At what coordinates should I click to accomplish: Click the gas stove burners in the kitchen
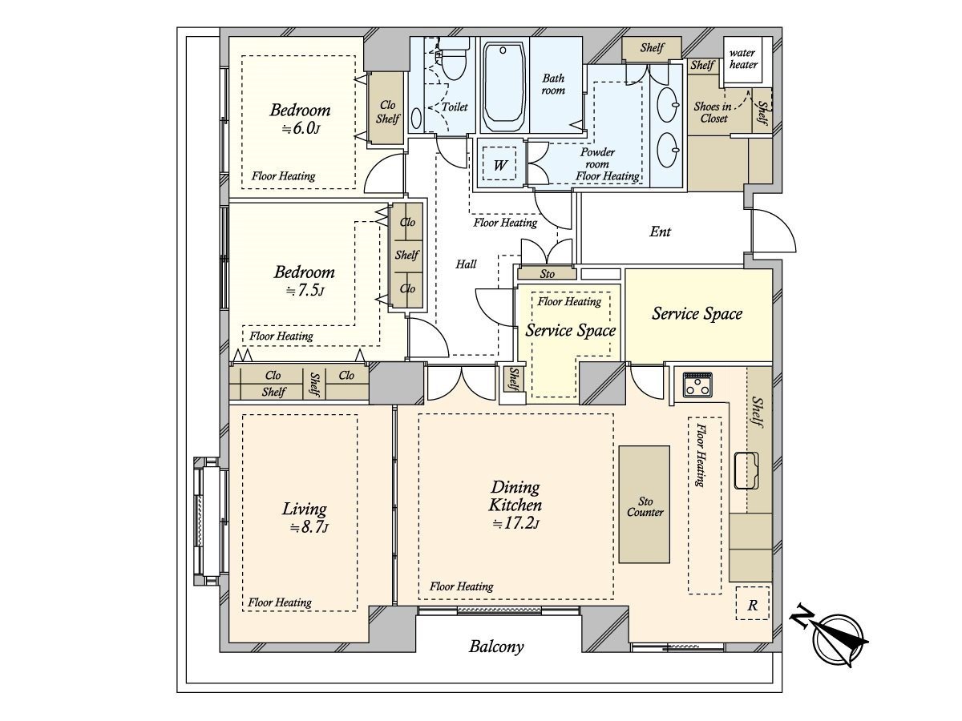[x=697, y=385]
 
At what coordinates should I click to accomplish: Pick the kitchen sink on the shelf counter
[x=747, y=470]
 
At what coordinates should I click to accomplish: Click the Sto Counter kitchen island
[x=645, y=505]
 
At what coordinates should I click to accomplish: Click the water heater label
[x=743, y=58]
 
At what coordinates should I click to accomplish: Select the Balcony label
[x=496, y=646]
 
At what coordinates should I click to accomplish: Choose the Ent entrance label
[x=660, y=232]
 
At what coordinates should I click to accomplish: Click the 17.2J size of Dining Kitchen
[x=515, y=524]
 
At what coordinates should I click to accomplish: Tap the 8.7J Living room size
[x=309, y=528]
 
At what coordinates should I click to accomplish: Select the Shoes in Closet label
[x=713, y=112]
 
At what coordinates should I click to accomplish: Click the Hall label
[x=466, y=264]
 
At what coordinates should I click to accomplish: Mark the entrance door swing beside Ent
[x=774, y=231]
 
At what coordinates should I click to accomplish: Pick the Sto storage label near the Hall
[x=547, y=274]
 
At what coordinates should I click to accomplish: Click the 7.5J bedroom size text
[x=305, y=291]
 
